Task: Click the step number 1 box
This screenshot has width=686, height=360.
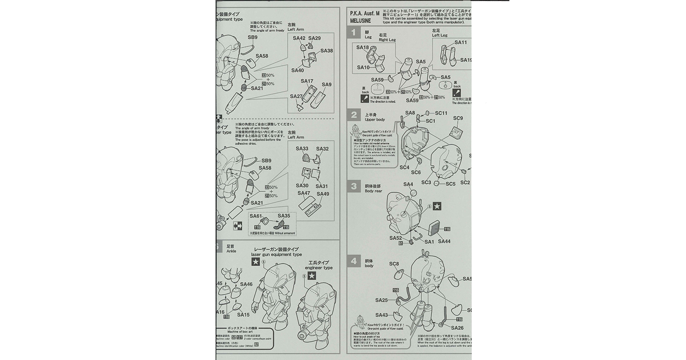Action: (x=354, y=32)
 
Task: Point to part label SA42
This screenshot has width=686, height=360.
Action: (x=299, y=38)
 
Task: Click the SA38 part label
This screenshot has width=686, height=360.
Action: (x=326, y=51)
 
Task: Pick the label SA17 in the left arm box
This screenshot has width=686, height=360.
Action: (x=307, y=81)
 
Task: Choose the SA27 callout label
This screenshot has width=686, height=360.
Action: (x=296, y=97)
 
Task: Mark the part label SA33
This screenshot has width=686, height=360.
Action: (x=302, y=149)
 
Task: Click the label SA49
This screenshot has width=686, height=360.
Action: (x=323, y=194)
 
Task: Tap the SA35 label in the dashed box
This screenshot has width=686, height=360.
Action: (x=284, y=216)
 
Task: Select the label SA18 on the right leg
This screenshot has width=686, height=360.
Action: (x=362, y=47)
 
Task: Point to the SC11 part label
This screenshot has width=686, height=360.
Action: (x=441, y=113)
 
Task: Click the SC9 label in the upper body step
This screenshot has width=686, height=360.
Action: (x=458, y=118)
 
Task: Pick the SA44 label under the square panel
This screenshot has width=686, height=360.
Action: (x=444, y=241)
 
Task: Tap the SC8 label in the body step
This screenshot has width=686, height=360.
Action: (x=394, y=264)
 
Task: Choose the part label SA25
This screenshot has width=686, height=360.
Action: (x=382, y=300)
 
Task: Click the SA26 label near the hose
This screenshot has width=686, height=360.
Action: (x=457, y=328)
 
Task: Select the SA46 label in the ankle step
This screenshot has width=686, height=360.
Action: (x=246, y=285)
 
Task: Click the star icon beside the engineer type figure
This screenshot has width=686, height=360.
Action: (x=311, y=276)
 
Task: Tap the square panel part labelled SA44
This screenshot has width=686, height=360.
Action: (x=435, y=229)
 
